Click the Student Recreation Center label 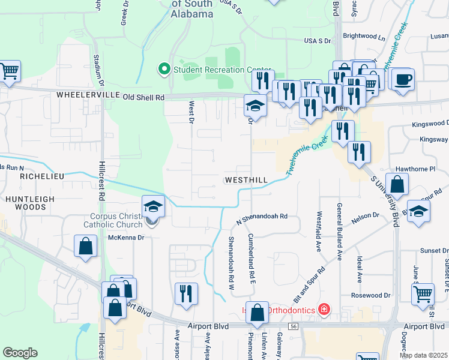[x=222, y=70]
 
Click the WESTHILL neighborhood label [x=246, y=181]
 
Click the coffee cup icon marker [x=402, y=79]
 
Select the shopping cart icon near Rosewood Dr [x=423, y=295]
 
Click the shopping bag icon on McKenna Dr [x=86, y=246]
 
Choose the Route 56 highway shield [x=294, y=325]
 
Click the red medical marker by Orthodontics [x=324, y=310]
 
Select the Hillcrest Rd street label [x=103, y=185]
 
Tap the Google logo [x=20, y=352]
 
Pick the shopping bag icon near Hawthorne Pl [x=397, y=185]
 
